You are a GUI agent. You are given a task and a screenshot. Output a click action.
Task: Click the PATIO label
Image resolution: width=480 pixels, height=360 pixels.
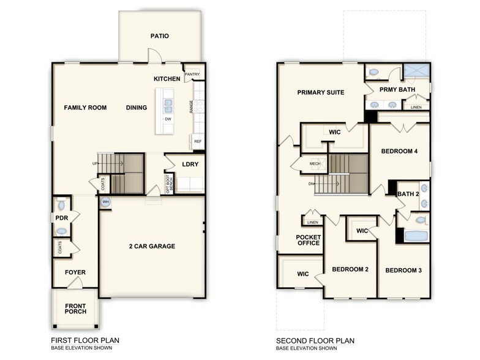pos(159,36)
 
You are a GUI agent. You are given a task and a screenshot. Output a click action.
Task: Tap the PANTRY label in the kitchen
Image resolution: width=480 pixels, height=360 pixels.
pos(193,75)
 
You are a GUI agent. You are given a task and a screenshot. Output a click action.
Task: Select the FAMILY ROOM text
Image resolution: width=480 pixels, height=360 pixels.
pos(85,108)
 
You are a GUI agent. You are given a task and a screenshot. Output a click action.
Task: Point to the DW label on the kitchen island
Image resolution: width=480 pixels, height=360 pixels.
pos(167,119)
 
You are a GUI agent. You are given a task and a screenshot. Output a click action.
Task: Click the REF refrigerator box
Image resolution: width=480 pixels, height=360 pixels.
pos(198,141)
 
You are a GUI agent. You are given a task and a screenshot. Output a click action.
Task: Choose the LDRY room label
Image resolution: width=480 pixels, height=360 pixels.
pos(190,164)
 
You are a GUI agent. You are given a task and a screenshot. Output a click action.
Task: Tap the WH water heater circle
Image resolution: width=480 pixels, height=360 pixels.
pos(105,201)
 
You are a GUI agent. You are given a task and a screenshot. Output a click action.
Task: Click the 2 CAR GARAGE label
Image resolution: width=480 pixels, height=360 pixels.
pos(152,246)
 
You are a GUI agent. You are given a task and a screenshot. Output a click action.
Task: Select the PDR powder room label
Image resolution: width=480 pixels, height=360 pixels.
pos(61,217)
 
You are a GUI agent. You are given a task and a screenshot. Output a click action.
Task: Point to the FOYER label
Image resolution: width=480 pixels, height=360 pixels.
pos(75,272)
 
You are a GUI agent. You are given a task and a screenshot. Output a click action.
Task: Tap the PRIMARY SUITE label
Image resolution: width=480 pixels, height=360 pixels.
pos(321,92)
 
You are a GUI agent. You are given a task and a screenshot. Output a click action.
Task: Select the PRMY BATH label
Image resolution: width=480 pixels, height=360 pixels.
pos(397,89)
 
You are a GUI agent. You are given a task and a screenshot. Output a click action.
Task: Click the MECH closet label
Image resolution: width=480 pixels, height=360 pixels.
pos(315,164)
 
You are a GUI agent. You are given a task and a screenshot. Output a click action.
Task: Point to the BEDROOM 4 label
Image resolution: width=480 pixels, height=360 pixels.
pos(399,151)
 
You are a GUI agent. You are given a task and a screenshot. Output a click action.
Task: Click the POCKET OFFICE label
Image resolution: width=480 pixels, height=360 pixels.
pos(308,240)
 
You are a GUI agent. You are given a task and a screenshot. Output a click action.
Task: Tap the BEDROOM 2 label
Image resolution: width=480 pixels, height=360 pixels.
pos(350,269)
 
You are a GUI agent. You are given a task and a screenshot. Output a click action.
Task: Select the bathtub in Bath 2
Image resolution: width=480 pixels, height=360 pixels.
pos(418,236)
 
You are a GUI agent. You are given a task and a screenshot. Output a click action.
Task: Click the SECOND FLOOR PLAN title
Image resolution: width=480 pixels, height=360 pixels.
pos(315,340)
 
